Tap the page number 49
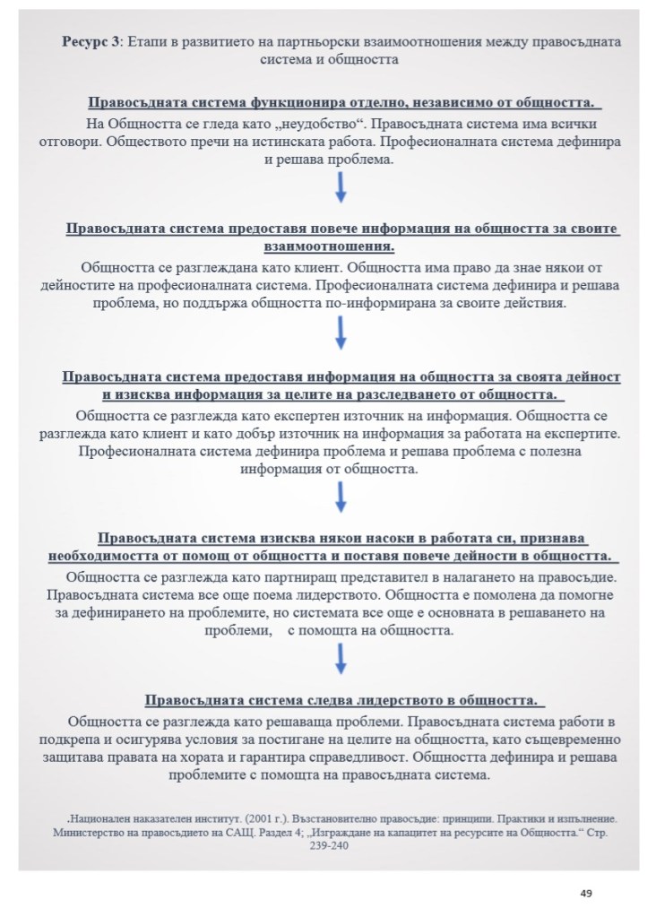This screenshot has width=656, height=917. [x=586, y=893]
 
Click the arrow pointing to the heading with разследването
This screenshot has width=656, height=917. [x=341, y=333]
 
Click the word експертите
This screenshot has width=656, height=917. [x=571, y=434]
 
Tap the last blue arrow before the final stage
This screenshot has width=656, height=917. [x=341, y=659]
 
